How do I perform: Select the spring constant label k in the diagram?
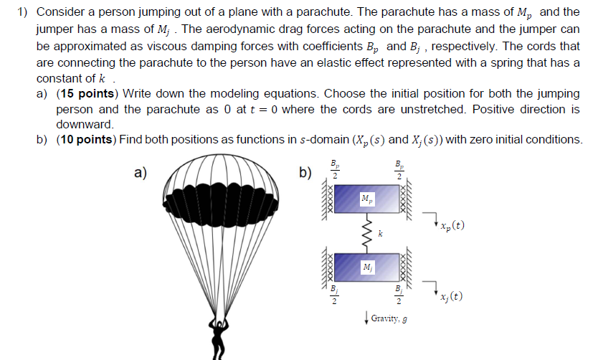(x=381, y=233)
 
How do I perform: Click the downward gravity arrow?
(x=366, y=316)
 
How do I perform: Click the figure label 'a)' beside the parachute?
(x=140, y=172)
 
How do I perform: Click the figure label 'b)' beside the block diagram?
(x=305, y=172)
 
